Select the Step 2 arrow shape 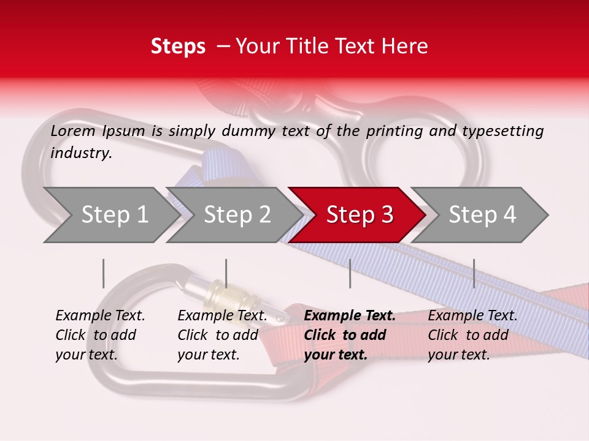click(237, 215)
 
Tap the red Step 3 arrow click(360, 215)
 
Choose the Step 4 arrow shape click(482, 215)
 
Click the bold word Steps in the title click(178, 47)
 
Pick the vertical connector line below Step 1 click(104, 273)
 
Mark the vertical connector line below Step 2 click(226, 273)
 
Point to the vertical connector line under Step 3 click(350, 273)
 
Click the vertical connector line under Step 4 click(474, 273)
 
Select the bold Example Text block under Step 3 click(350, 335)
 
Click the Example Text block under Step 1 click(100, 335)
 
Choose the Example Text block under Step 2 click(222, 335)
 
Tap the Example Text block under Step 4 click(472, 335)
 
